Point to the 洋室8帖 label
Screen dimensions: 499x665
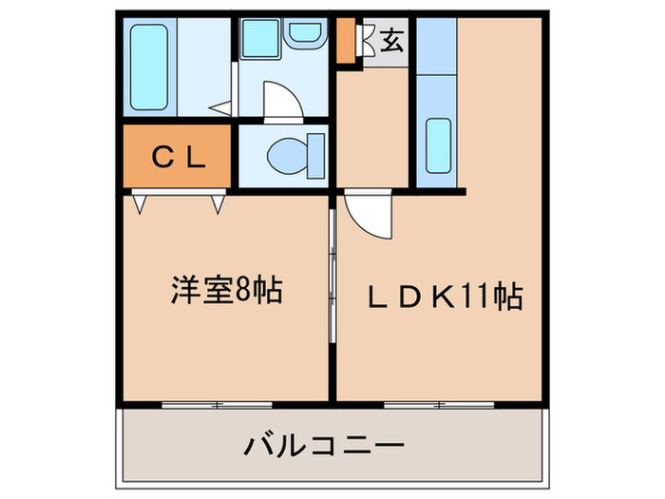[226, 290]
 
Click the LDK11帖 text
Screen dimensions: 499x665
[445, 297]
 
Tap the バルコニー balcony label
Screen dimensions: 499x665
[324, 444]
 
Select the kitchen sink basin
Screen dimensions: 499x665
[438, 144]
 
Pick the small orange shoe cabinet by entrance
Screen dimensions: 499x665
[347, 40]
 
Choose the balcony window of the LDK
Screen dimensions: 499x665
[439, 404]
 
